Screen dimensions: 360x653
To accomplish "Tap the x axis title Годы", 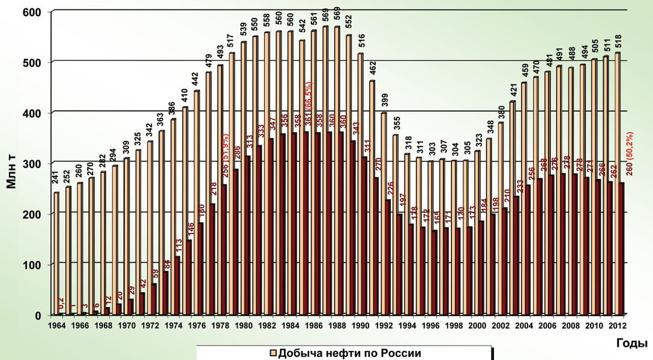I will click(x=631, y=343).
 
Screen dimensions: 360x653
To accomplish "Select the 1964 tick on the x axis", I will click(x=57, y=326).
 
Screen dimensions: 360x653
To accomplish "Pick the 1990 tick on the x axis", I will click(x=360, y=326).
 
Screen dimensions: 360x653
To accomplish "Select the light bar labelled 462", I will click(x=372, y=197).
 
